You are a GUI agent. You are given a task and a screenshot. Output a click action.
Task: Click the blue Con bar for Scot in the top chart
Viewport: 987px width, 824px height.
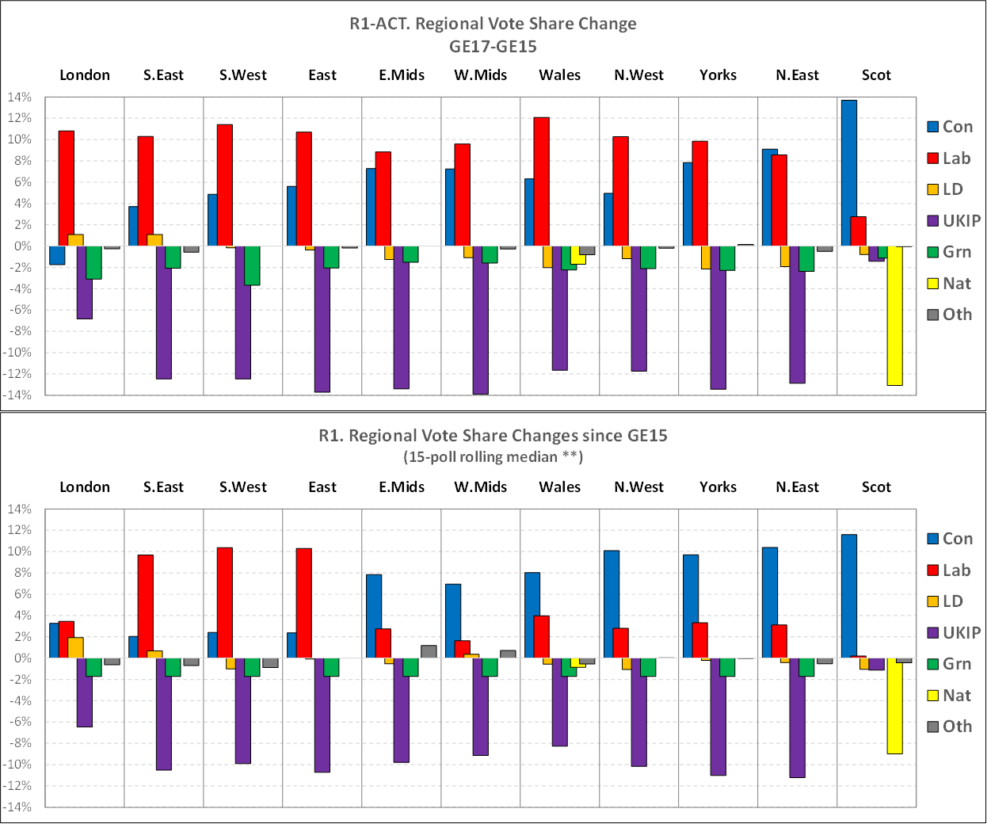(x=848, y=173)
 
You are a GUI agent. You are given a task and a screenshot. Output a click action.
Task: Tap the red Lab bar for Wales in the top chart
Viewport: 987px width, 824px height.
(x=542, y=181)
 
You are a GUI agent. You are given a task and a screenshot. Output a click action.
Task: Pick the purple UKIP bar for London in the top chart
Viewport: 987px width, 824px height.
(x=85, y=282)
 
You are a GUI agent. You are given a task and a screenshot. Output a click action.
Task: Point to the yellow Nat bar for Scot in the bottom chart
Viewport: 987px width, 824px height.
(x=894, y=705)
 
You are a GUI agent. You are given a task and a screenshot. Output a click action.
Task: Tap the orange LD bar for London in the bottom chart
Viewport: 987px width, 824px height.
(x=76, y=647)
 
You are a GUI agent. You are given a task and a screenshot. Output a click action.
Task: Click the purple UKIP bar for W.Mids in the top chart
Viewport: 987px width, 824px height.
(x=481, y=320)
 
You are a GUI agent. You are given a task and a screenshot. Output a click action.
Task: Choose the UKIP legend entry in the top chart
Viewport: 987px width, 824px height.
(x=954, y=221)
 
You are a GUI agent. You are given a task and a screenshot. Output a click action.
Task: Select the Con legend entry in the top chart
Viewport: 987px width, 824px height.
(x=950, y=127)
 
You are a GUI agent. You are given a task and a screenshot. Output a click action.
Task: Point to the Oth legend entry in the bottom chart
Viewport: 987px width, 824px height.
(x=950, y=727)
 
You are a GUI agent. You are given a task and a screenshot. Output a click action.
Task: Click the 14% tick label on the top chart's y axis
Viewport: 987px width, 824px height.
(x=20, y=97)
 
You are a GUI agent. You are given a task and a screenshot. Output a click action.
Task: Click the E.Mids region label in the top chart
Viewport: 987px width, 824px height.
(x=402, y=75)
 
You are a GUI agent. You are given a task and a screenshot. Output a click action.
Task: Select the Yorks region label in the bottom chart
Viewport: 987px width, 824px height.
(x=718, y=487)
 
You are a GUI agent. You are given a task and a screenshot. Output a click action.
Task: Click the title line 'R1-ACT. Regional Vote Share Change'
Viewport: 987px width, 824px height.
(x=493, y=24)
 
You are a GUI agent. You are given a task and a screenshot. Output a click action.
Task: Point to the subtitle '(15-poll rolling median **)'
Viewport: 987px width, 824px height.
(x=493, y=457)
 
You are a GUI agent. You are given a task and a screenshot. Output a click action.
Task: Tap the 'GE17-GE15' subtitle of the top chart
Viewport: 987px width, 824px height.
(x=493, y=47)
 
